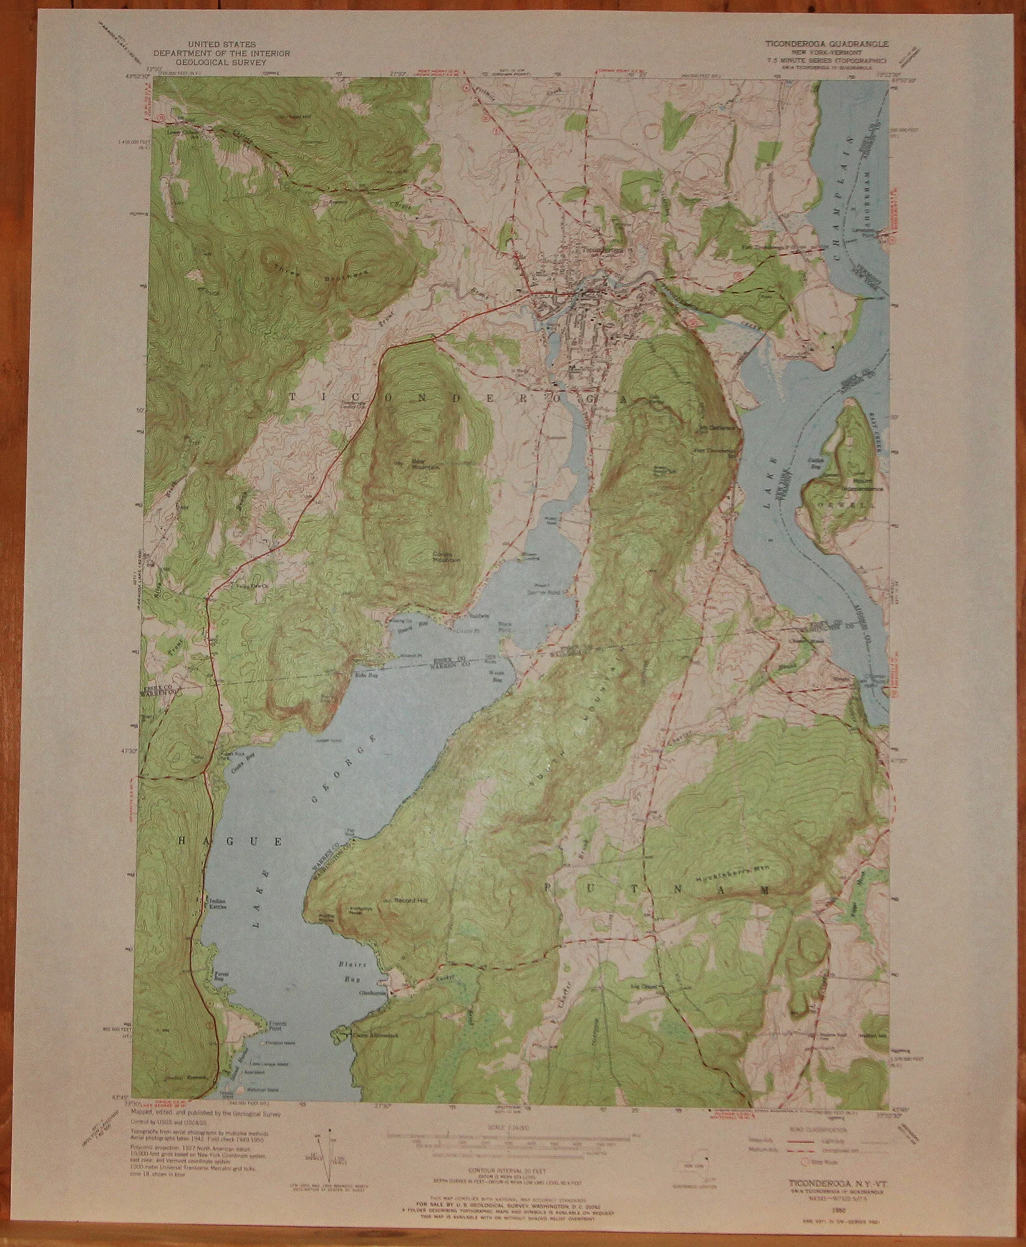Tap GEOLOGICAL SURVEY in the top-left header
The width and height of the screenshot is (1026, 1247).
pos(231,63)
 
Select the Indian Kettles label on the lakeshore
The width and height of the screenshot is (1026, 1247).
pos(216,903)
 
